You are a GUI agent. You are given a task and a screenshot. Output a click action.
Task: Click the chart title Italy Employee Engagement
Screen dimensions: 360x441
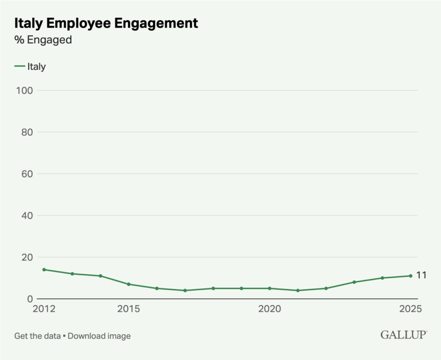(x=106, y=23)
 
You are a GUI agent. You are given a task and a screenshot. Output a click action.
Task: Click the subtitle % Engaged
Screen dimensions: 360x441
(x=43, y=40)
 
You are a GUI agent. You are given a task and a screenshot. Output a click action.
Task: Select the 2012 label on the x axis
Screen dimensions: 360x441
(x=44, y=309)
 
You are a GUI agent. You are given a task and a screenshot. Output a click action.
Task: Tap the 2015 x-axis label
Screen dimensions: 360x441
(x=129, y=309)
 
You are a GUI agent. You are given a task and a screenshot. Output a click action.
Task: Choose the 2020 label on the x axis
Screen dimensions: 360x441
(x=269, y=309)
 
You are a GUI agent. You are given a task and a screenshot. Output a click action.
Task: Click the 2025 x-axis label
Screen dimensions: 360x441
(x=411, y=309)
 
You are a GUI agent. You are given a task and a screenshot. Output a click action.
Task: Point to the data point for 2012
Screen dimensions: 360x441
(x=44, y=270)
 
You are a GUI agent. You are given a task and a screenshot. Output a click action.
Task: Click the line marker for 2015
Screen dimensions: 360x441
(x=129, y=284)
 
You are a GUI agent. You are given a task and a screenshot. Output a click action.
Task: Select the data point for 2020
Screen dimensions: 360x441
(x=269, y=288)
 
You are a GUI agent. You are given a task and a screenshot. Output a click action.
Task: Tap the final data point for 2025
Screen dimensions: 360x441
(x=411, y=276)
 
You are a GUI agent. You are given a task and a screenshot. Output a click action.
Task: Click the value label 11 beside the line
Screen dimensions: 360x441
(x=421, y=275)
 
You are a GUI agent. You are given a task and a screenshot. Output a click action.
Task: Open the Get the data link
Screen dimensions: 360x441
(x=37, y=336)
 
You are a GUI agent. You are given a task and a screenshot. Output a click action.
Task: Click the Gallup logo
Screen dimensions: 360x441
(x=403, y=335)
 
